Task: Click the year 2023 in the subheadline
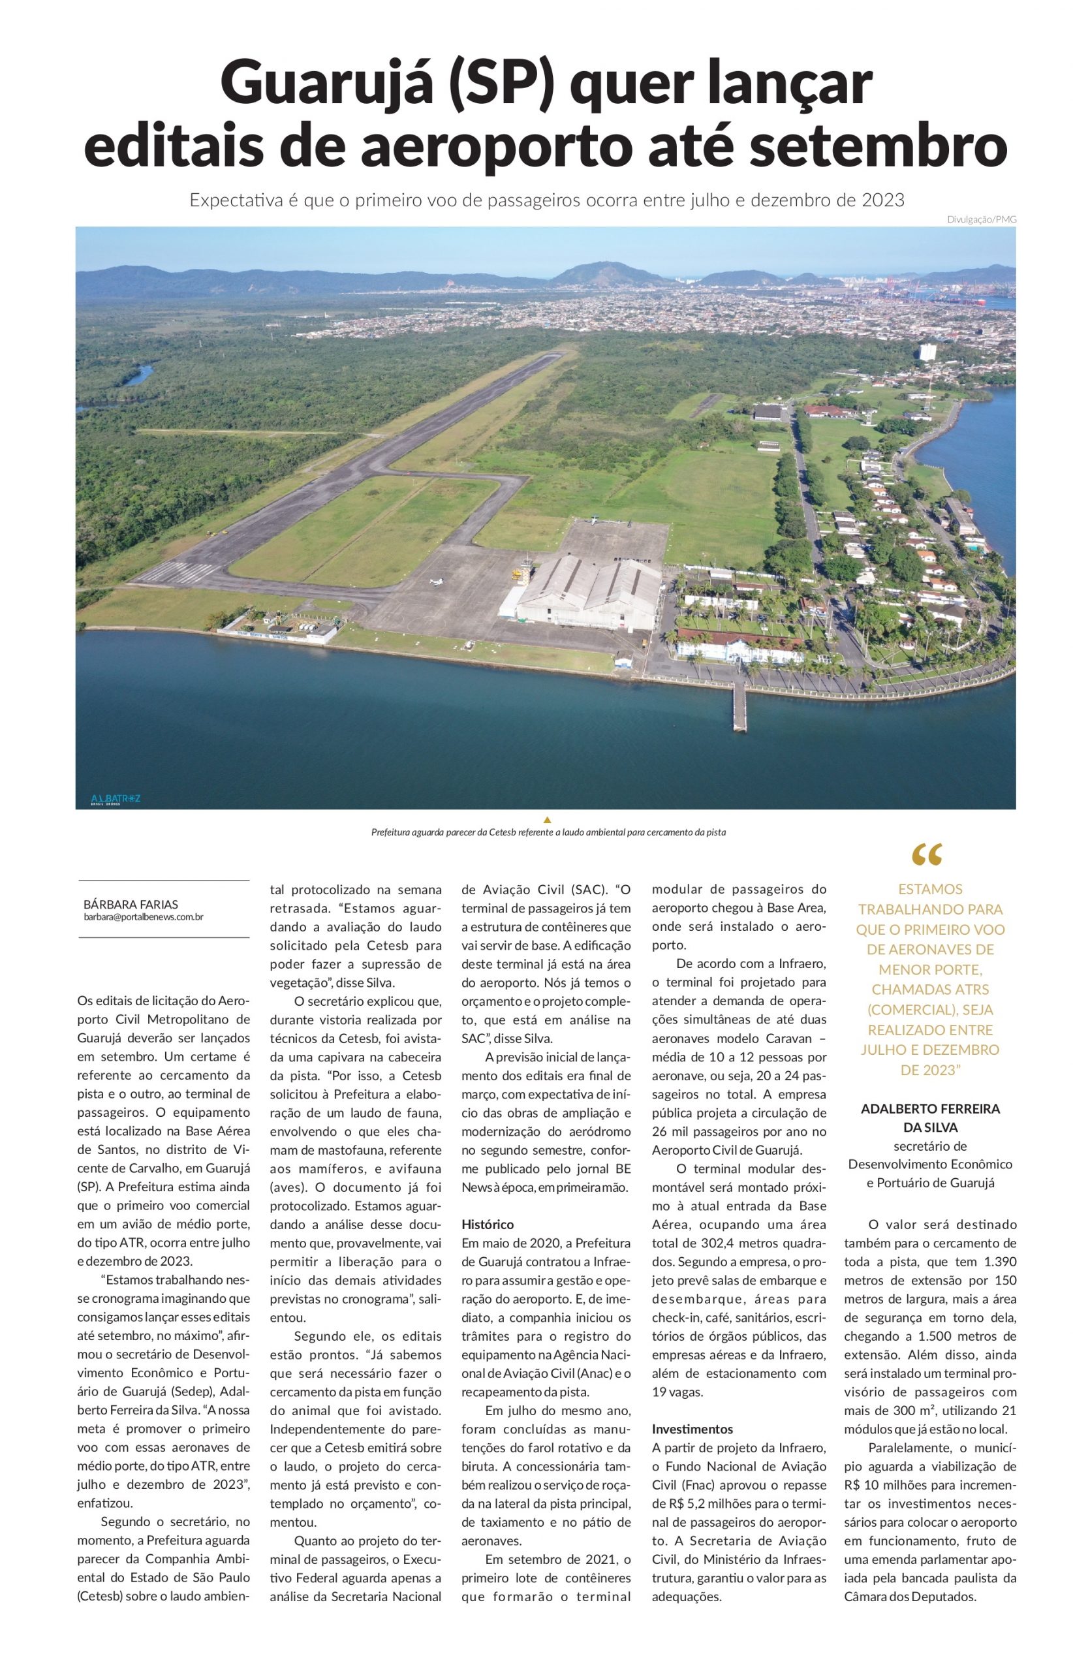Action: (883, 200)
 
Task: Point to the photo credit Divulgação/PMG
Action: (981, 219)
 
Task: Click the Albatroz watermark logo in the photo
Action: (116, 798)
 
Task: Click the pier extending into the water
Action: (739, 704)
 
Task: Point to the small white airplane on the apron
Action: (437, 581)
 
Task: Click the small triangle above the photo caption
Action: (547, 819)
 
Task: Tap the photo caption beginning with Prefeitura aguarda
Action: (548, 832)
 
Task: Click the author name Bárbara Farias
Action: (131, 905)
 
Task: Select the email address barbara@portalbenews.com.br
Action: (144, 917)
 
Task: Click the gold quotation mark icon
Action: (927, 855)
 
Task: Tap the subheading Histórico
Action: (488, 1225)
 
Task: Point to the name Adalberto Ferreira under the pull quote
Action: (930, 1108)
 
